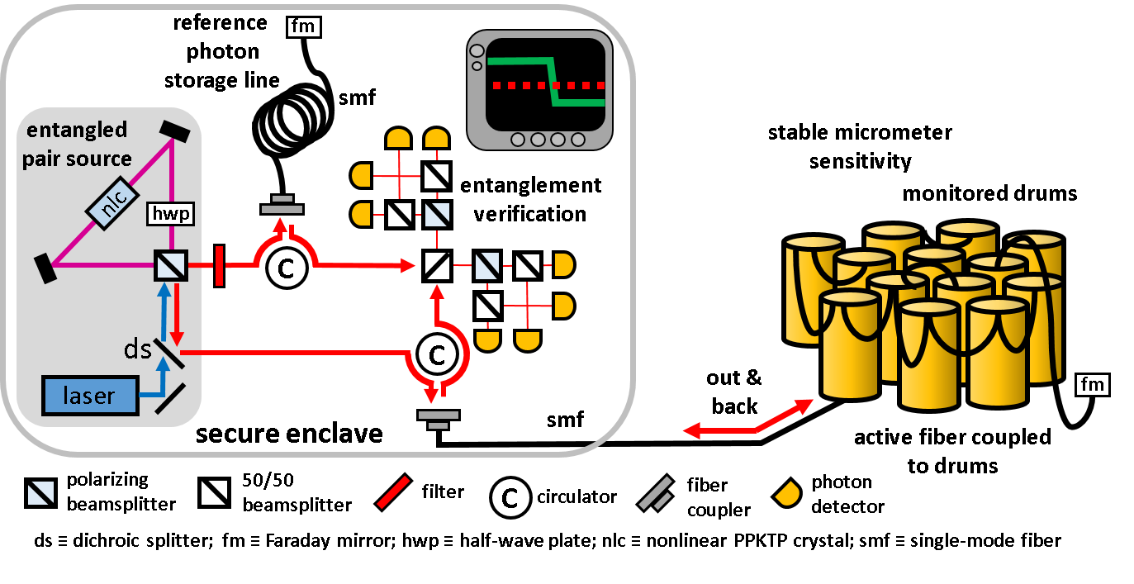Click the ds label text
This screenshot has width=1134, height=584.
[137, 349]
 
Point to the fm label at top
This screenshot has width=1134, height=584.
[303, 27]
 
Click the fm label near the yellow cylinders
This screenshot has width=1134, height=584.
[1093, 384]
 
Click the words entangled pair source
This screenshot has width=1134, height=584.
[77, 145]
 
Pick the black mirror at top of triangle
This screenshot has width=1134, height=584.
[174, 130]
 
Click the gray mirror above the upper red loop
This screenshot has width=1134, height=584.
[282, 206]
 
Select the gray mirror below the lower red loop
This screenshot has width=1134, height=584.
[438, 418]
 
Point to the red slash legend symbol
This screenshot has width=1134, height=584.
[393, 492]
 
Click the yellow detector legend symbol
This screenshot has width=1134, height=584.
[787, 493]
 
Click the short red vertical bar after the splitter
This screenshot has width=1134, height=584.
[219, 265]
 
